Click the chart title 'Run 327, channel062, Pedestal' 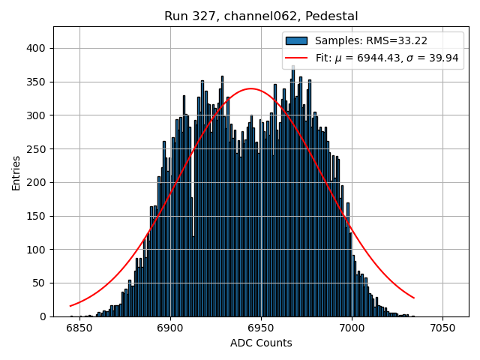pyautogui.click(x=261, y=16)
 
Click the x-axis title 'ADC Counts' pyautogui.click(x=261, y=343)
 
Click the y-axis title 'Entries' pyautogui.click(x=16, y=172)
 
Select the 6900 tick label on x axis pyautogui.click(x=170, y=328)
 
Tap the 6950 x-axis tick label pyautogui.click(x=261, y=328)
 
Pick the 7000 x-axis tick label pyautogui.click(x=352, y=328)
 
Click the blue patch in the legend pyautogui.click(x=296, y=40)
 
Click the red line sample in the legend pyautogui.click(x=296, y=58)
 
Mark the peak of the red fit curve pyautogui.click(x=250, y=88)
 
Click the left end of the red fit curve pyautogui.click(x=70, y=306)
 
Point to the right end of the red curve pyautogui.click(x=414, y=298)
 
